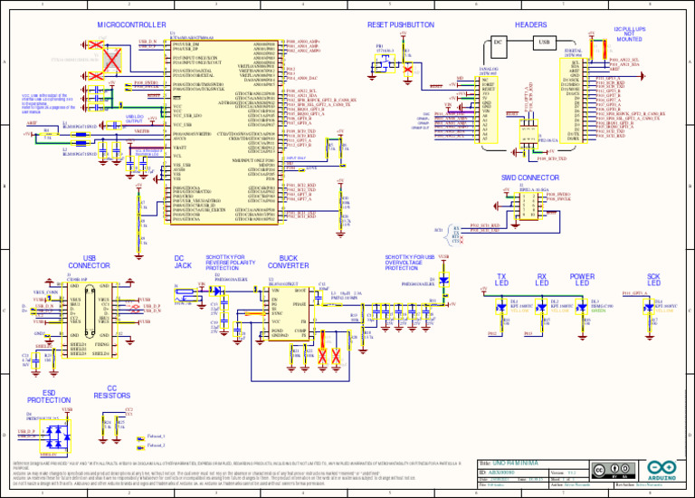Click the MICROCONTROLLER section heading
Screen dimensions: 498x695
132,24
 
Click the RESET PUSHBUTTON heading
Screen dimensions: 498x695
401,24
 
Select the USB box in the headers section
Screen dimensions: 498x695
544,41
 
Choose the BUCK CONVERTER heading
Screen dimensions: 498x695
290,262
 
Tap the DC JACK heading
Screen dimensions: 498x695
182,262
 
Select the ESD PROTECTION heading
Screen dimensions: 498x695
49,395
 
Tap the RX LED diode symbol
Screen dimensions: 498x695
542,310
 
